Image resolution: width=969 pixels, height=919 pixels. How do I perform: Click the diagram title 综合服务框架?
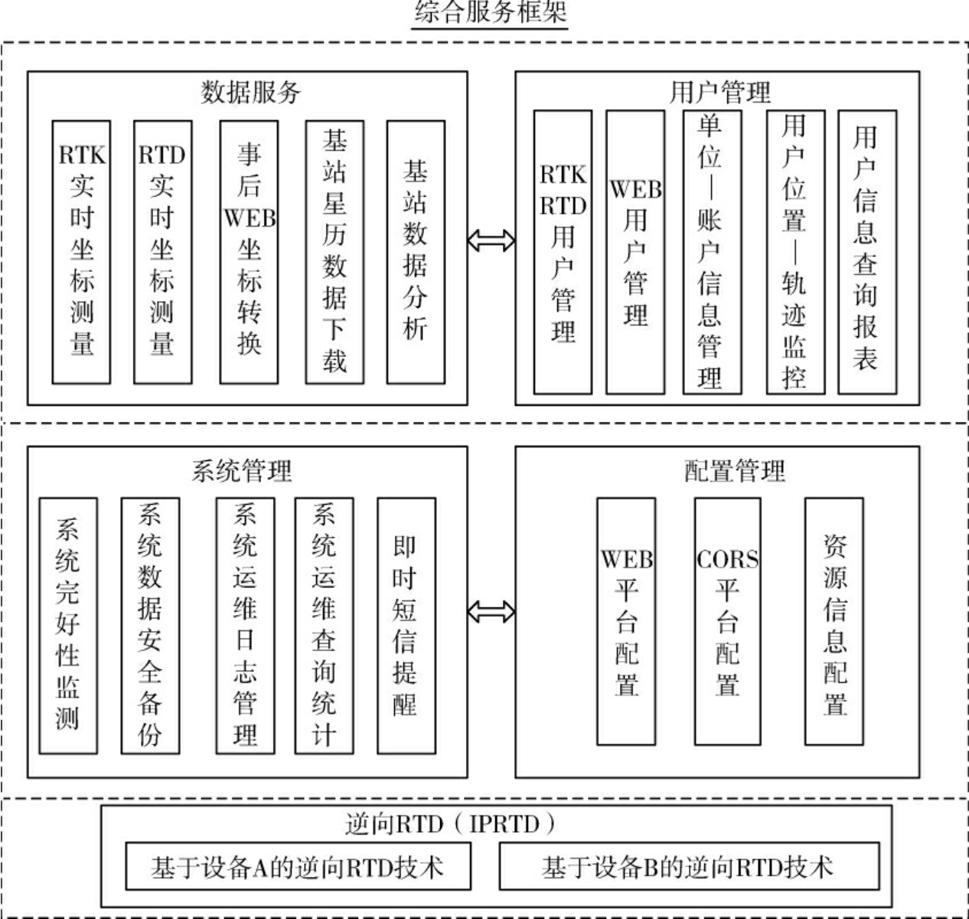tap(490, 13)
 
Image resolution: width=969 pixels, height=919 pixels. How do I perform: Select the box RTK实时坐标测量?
tap(81, 251)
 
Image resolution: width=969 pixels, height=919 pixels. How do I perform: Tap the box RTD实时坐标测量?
tap(162, 251)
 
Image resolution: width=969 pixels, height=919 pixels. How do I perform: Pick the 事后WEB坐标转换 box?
tap(249, 251)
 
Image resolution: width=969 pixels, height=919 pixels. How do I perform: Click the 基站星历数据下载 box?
tap(334, 251)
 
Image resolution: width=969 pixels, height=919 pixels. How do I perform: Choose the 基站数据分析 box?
tap(416, 251)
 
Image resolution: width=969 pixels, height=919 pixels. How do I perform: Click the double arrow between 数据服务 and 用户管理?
tap(491, 240)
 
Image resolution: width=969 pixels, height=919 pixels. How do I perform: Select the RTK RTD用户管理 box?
tap(563, 252)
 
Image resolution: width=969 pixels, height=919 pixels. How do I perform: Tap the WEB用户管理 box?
tap(635, 252)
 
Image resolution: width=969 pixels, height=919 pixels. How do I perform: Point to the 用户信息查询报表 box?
tap(866, 252)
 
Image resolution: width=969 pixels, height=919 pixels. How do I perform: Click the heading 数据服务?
tap(250, 92)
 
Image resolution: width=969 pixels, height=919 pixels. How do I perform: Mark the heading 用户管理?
tap(719, 92)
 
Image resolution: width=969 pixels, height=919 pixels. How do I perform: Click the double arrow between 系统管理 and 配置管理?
tap(491, 611)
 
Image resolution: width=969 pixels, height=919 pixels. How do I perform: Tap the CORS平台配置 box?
tap(727, 621)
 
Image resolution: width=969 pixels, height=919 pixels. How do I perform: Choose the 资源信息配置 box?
tap(834, 621)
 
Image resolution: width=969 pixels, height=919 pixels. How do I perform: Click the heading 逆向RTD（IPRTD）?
tap(452, 824)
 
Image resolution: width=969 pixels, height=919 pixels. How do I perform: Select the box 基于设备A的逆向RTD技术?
tap(297, 867)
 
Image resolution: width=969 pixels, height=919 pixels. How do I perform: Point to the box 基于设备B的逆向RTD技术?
tap(688, 867)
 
